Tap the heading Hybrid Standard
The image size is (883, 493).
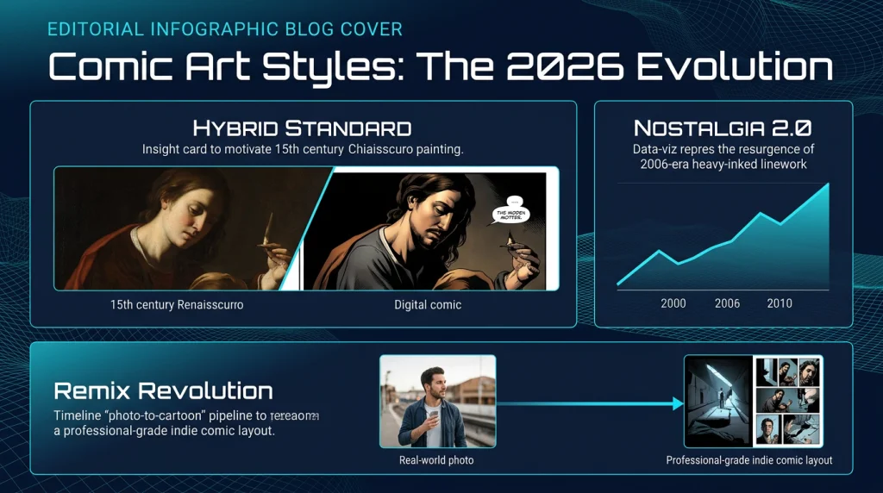(302, 129)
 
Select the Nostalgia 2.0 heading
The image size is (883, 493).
(722, 128)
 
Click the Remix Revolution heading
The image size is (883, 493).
(163, 391)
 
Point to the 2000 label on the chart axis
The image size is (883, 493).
(673, 303)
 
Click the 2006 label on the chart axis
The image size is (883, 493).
(727, 303)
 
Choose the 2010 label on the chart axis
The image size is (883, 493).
(779, 303)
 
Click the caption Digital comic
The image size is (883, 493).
(428, 305)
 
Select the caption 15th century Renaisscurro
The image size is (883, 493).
(177, 305)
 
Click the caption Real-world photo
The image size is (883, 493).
(437, 460)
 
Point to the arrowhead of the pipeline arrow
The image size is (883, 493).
(676, 403)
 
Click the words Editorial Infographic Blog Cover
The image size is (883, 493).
(224, 29)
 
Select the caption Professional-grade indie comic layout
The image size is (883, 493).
(749, 460)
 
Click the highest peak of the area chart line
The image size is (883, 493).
(829, 184)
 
